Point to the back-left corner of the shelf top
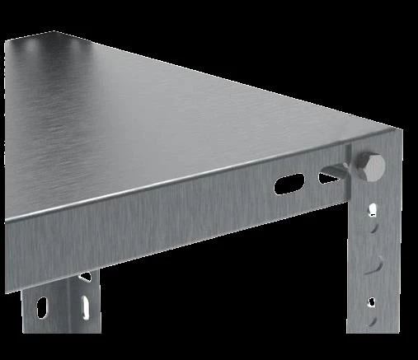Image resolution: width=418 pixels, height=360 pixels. (56, 33)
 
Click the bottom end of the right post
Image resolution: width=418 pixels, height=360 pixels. (375, 354)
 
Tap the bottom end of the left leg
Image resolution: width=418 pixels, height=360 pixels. (62, 354)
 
